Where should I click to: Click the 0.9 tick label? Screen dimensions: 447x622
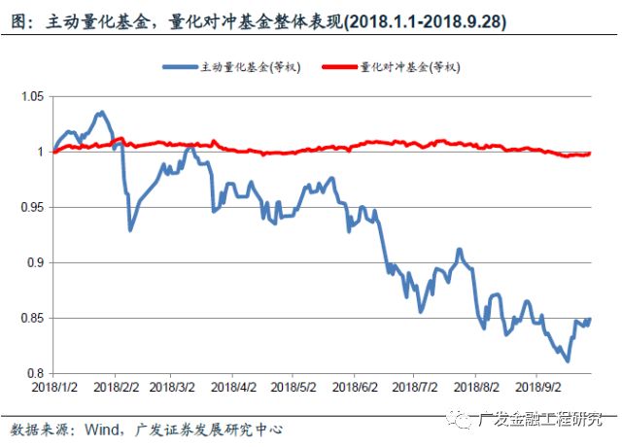(36, 263)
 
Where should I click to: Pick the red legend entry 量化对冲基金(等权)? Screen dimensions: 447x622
(408, 66)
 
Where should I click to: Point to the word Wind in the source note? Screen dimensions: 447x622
(105, 429)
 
